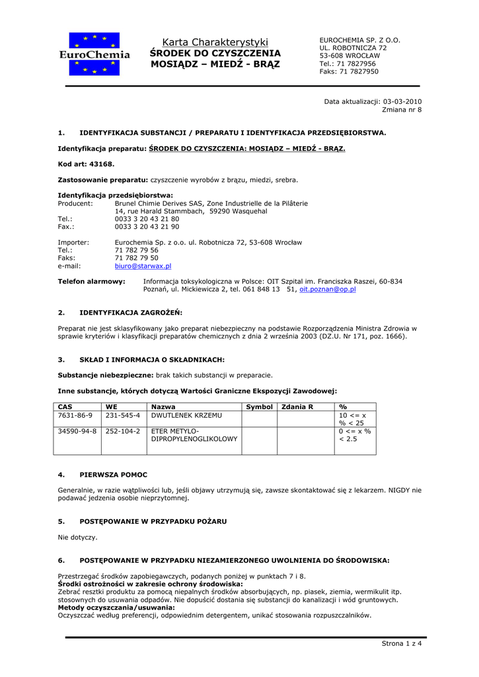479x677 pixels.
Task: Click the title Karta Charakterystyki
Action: tap(215, 42)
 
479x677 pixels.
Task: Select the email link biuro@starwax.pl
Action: tap(143, 266)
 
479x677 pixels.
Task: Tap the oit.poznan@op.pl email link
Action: tap(328, 290)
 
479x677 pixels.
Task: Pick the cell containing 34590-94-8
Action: tap(77, 431)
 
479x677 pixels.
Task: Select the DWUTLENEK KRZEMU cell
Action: tap(187, 415)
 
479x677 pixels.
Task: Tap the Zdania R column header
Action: tap(297, 407)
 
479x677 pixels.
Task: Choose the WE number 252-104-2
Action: tap(123, 431)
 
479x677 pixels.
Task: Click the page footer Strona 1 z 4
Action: tap(402, 644)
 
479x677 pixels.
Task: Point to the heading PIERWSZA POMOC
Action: tap(113, 475)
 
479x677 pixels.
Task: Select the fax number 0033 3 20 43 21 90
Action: tap(147, 226)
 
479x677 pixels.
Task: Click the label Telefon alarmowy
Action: tap(91, 281)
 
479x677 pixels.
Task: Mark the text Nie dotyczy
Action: tap(78, 538)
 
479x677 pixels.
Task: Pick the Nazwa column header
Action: tap(163, 407)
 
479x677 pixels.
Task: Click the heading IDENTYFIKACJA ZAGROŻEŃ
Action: tap(131, 312)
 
